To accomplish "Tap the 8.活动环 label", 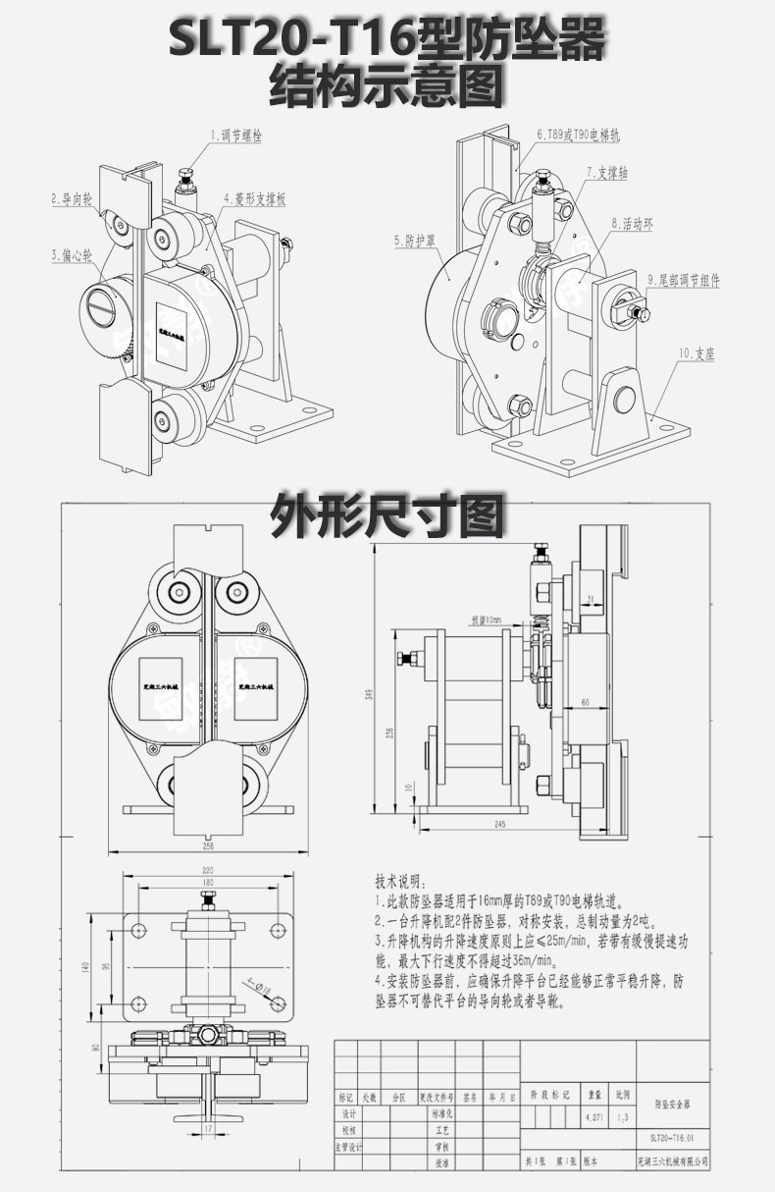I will coord(631,224).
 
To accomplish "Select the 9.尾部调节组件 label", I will coord(683,281).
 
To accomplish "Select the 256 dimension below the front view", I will coord(208,844).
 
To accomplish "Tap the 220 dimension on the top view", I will coord(208,871).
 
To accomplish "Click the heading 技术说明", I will coord(402,880).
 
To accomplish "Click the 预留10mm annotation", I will coord(486,621).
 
